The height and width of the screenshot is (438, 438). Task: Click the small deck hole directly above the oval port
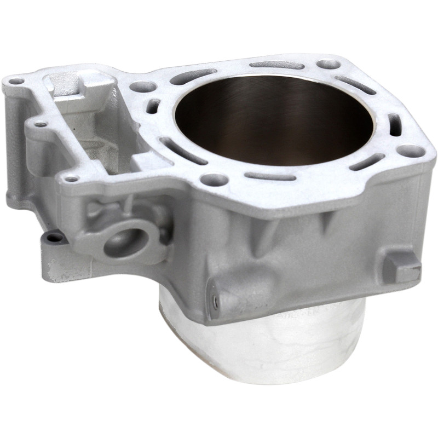click(x=71, y=177)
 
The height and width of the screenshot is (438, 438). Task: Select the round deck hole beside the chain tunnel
click(x=143, y=87)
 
